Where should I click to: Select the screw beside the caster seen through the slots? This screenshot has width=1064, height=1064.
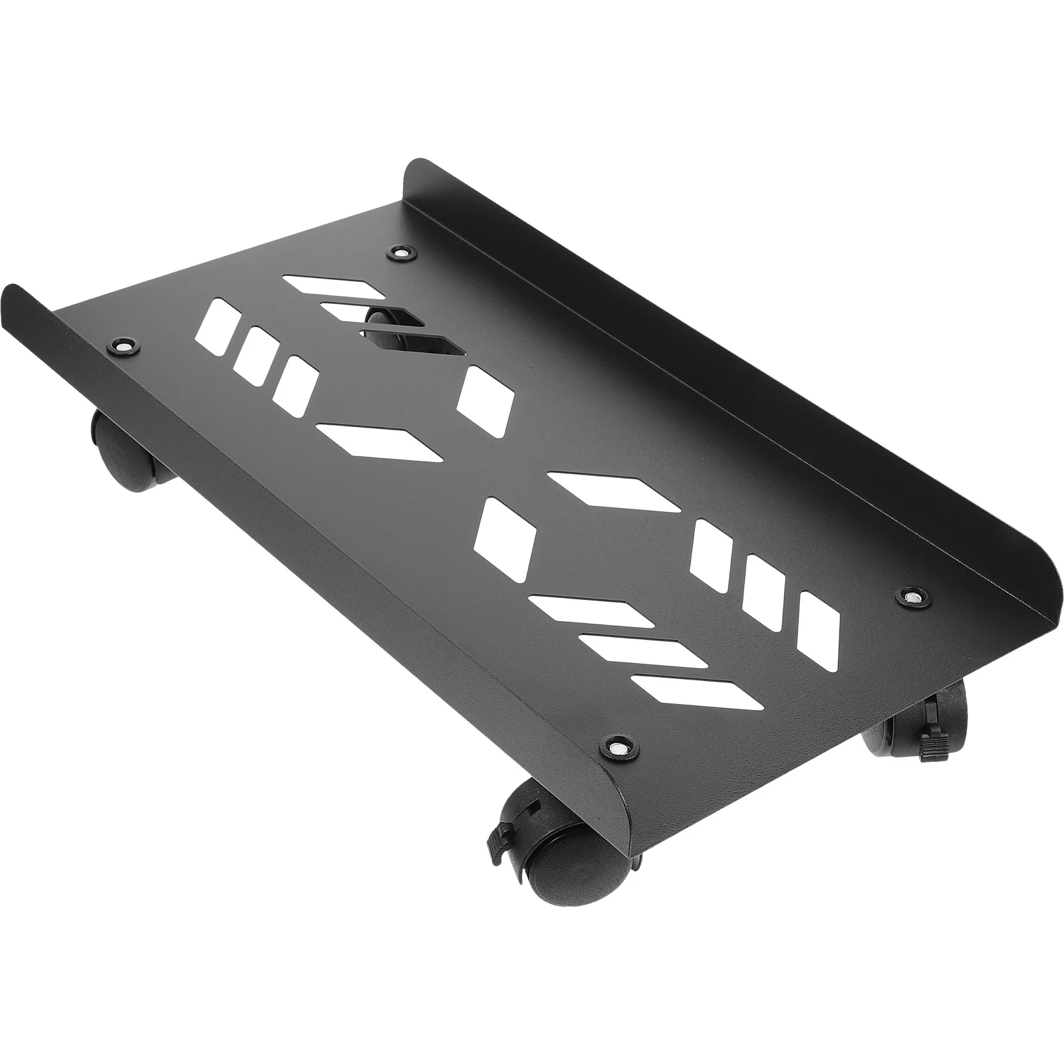tap(400, 253)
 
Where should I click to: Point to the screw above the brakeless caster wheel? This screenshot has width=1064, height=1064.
tap(122, 346)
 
